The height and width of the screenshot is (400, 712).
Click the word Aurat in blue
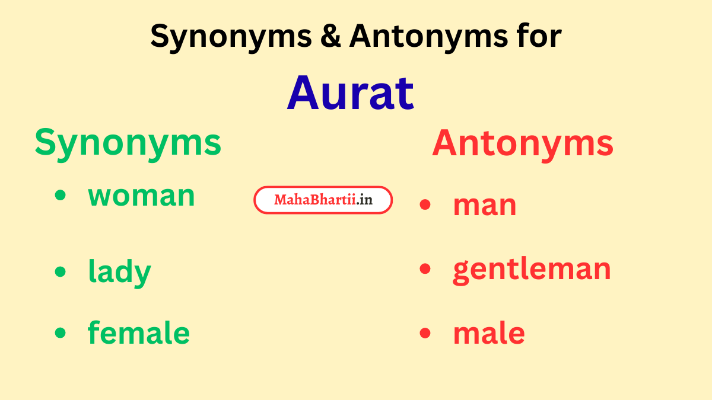pos(350,93)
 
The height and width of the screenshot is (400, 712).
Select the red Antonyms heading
pos(523,144)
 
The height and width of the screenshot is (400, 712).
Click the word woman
pos(141,196)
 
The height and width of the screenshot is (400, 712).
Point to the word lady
pos(119,273)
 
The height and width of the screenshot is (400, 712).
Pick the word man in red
pos(484,205)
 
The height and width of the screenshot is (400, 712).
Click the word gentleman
pos(532,269)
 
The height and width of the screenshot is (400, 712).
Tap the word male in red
pos(488,333)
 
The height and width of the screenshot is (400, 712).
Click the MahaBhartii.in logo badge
pos(323,200)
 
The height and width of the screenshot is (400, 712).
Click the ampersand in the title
pos(332,37)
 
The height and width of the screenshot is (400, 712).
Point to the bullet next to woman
pos(61,196)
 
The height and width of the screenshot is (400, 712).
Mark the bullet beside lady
pos(61,271)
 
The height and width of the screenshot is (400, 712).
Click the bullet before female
pos(61,332)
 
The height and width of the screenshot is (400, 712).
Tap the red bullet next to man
pos(424,205)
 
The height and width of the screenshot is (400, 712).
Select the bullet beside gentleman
pos(424,269)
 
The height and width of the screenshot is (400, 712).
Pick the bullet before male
pos(424,333)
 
